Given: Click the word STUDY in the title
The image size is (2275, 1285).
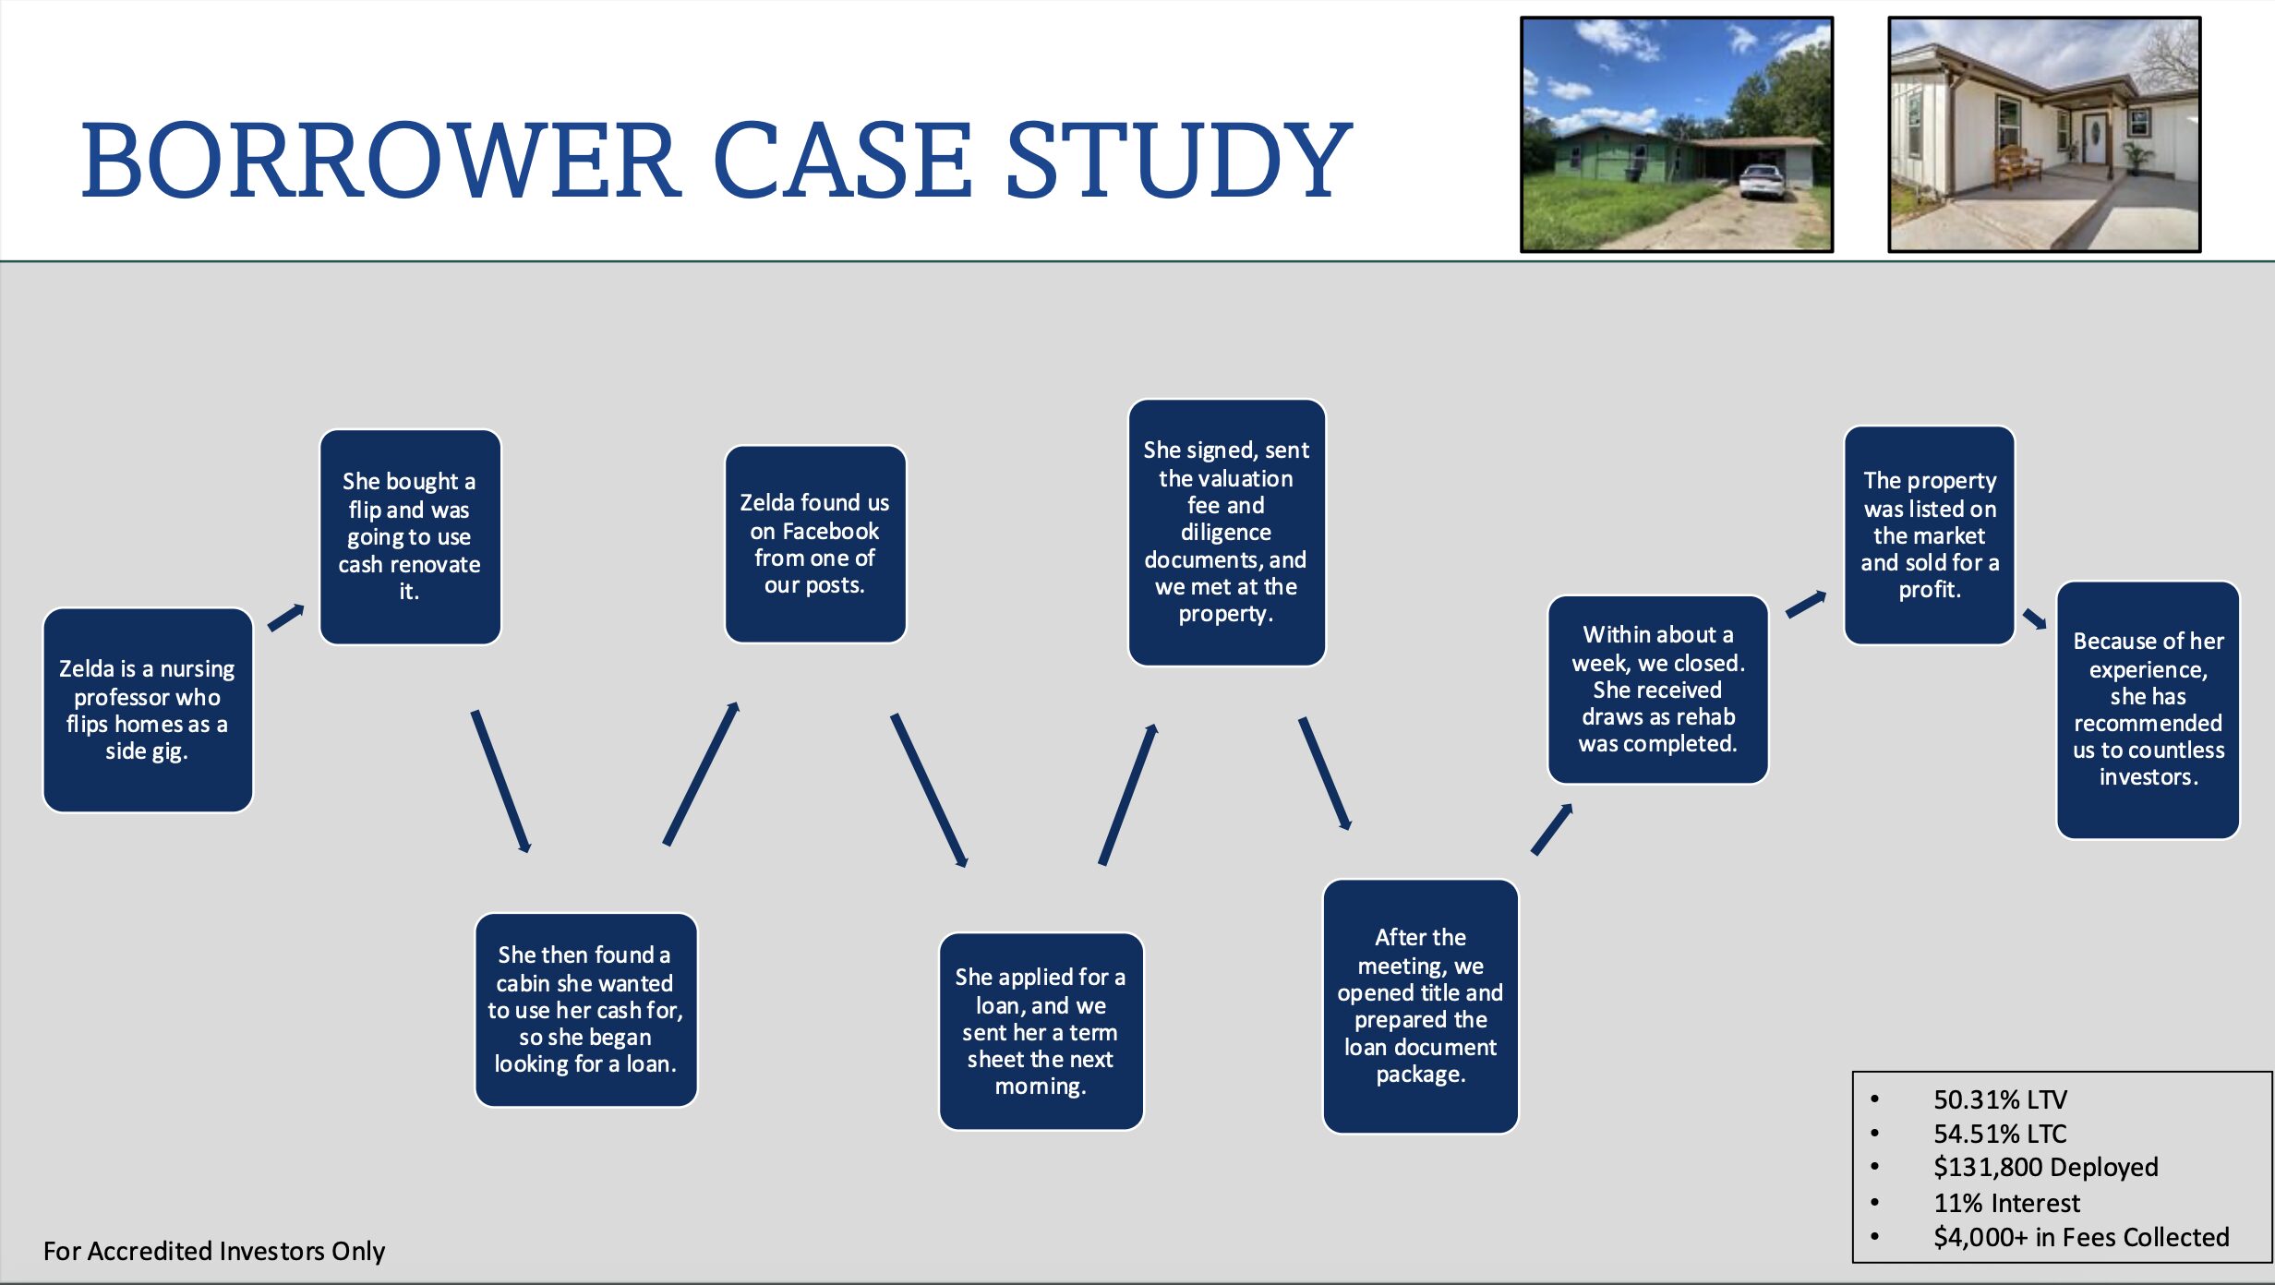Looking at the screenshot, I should (1178, 161).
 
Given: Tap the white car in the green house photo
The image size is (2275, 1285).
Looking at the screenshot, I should (1761, 180).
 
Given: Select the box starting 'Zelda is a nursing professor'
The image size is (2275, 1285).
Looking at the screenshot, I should (148, 709).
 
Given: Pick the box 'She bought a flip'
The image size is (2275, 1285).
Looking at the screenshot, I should (410, 536).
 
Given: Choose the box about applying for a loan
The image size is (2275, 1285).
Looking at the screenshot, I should (1041, 1031).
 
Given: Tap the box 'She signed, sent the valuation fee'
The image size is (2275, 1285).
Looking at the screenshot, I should (1226, 532).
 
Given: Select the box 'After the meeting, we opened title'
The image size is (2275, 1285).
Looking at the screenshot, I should (1420, 1005).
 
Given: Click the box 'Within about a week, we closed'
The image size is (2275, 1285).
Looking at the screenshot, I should (1657, 689).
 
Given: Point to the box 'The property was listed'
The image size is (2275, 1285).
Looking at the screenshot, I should (1929, 534).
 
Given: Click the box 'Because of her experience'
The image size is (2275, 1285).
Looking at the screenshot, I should (2148, 709).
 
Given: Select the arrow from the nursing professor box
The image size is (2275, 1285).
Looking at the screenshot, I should (286, 617).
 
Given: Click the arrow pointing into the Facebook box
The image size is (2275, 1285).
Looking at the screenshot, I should (701, 774).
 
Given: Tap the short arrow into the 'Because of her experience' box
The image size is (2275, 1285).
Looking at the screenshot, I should (2035, 618).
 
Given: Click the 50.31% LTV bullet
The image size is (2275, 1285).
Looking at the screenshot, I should (2000, 1099).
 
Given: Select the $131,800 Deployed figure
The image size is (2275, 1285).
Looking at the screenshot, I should (2045, 1168).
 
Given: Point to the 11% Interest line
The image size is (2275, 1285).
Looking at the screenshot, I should (2006, 1203).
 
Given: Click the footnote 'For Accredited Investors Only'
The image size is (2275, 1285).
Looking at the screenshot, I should (214, 1251).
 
